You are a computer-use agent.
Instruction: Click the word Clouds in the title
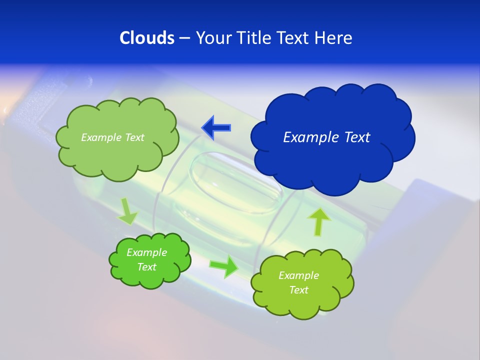click(x=147, y=38)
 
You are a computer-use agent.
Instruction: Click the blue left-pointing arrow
click(x=216, y=127)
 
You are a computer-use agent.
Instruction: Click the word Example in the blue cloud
click(x=308, y=137)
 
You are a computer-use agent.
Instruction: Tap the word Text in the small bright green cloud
click(x=146, y=267)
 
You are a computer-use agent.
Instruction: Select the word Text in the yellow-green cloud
click(x=298, y=290)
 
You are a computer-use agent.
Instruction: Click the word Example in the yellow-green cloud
click(x=298, y=275)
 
